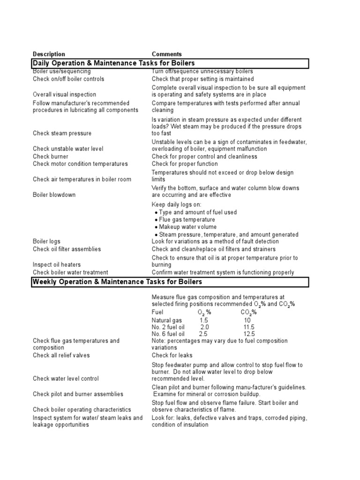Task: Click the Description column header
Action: [49, 54]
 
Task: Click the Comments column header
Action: [166, 54]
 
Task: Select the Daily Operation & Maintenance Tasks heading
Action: [113, 63]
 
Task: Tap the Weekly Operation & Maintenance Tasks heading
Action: [117, 282]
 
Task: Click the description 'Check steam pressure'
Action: [62, 134]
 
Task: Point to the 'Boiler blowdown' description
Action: [54, 195]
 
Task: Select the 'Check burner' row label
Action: [50, 157]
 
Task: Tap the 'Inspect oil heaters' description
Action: [57, 265]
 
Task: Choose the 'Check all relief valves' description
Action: [61, 355]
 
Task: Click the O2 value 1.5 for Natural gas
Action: [203, 320]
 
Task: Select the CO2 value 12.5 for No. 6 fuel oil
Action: [249, 334]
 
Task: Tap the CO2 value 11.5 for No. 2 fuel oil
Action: [249, 327]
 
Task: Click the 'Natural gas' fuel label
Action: [167, 320]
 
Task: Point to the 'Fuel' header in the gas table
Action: [158, 312]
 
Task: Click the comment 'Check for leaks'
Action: [172, 355]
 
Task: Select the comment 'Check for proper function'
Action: [185, 164]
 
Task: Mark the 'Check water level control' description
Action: [66, 378]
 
